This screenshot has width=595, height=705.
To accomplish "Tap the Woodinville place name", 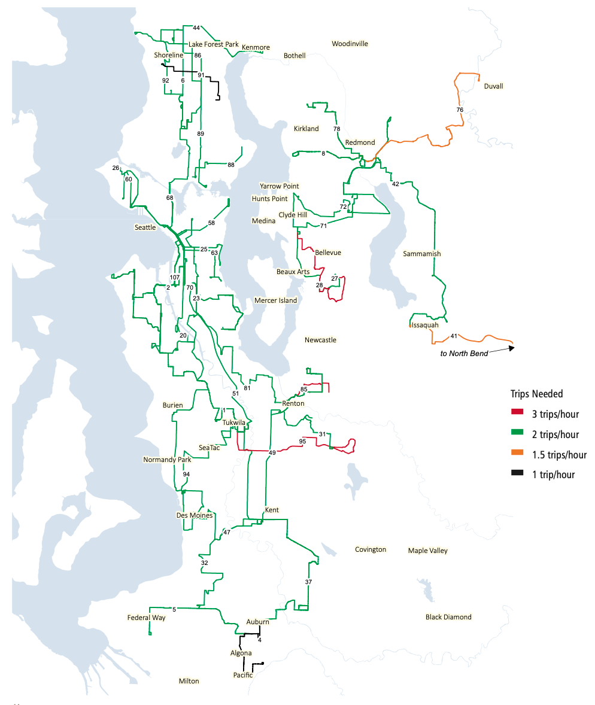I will tap(350, 44).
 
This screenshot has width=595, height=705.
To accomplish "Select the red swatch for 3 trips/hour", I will tap(517, 414).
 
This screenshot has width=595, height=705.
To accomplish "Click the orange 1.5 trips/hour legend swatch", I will tap(517, 454).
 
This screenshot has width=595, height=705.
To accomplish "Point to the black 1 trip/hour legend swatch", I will tap(517, 475).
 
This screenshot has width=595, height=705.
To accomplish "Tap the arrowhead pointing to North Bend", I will tap(511, 347).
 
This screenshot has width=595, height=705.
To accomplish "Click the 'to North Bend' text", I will tap(463, 354).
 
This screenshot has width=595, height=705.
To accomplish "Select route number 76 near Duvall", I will tap(459, 110).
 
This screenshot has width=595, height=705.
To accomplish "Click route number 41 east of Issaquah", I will tap(454, 336).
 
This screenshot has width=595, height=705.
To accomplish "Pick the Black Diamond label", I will tap(448, 617).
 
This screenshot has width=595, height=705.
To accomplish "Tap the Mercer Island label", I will tap(275, 300).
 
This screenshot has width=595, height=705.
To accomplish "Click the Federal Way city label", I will tap(146, 618).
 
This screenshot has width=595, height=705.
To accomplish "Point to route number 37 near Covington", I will tap(308, 582).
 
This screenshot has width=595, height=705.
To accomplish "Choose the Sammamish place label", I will tap(421, 254).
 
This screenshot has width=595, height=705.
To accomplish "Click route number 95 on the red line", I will tap(302, 442).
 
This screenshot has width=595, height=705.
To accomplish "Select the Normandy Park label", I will tap(167, 460).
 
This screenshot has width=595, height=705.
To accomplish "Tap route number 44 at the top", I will tap(196, 28).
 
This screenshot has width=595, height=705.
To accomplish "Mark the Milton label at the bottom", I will tap(189, 681).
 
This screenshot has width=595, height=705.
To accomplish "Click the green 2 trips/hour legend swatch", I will tap(517, 434).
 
